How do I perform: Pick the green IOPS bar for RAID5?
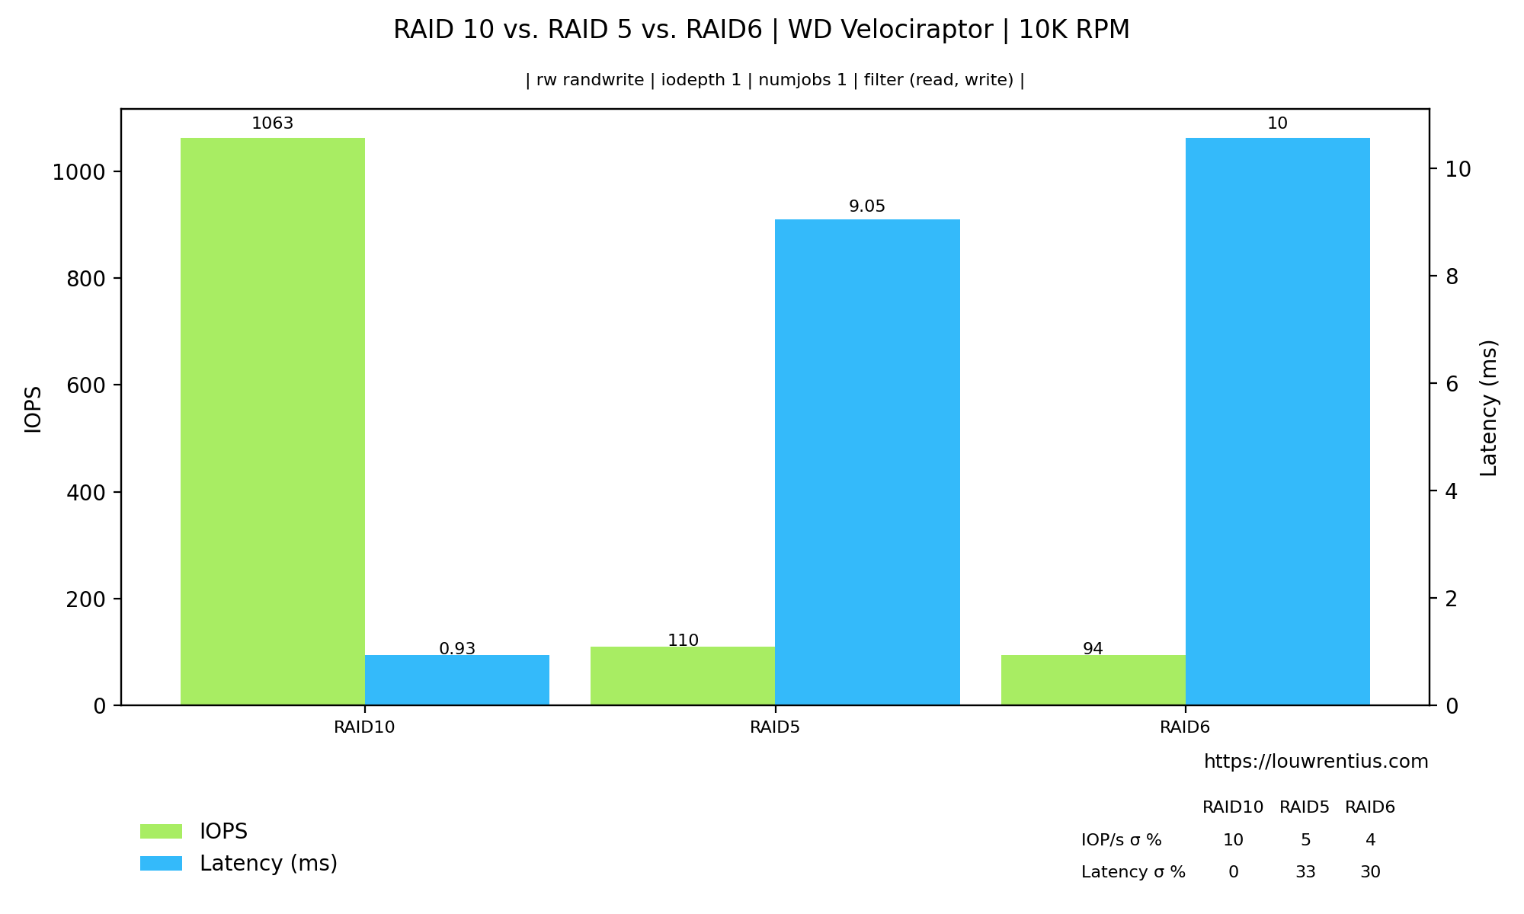683,676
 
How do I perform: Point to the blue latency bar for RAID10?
457,680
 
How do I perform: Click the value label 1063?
273,123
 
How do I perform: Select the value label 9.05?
867,206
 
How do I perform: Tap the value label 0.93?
457,649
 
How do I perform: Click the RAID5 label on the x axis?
775,727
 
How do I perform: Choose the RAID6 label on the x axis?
1185,727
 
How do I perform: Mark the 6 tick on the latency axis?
1452,384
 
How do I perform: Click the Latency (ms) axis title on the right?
1489,407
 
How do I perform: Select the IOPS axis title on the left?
33,409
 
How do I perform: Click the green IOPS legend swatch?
161,831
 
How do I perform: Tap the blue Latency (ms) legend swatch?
161,863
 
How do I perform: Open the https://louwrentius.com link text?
1316,762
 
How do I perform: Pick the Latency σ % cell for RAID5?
1305,872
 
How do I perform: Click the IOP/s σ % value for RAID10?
1233,840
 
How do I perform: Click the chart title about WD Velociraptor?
761,30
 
